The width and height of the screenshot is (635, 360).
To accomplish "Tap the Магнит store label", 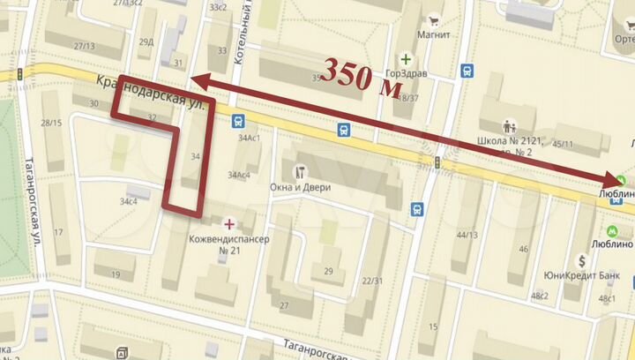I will coord(436,35).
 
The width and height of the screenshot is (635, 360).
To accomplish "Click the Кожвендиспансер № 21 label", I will coord(228,244).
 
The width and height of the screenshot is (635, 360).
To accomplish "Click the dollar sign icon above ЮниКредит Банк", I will coord(582,260).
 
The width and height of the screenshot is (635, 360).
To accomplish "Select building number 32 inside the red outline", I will coord(153,116).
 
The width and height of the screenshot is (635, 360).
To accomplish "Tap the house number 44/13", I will coord(467,235).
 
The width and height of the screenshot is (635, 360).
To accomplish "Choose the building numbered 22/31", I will coord(371,281).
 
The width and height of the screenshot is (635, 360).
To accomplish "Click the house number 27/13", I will coord(85,46).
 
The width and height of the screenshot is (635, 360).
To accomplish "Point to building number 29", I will coord(329,270).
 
